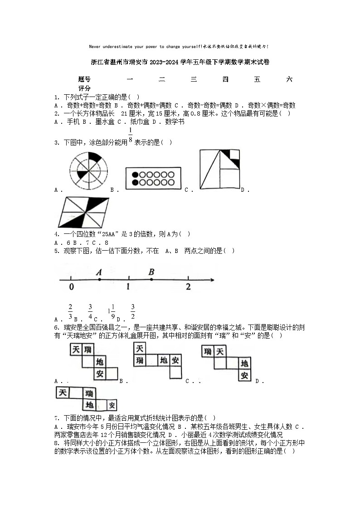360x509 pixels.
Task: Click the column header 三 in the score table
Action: [x=194, y=79]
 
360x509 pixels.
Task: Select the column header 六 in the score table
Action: [x=289, y=79]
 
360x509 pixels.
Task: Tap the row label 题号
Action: [x=84, y=79]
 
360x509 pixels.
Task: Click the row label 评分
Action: [x=84, y=88]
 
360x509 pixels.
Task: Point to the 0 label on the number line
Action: [x=72, y=287]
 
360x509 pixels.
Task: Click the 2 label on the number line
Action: [x=188, y=287]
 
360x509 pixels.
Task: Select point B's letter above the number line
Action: [x=151, y=272]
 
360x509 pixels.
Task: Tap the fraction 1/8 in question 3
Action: [x=131, y=135]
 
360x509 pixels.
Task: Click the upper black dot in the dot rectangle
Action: [x=135, y=175]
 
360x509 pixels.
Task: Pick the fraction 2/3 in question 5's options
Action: [x=70, y=311]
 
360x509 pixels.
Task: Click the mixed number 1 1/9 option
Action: [x=111, y=311]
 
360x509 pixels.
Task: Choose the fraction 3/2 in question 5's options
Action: [x=133, y=311]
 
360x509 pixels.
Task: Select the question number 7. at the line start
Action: [x=57, y=418]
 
